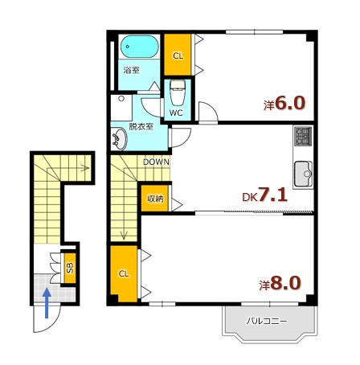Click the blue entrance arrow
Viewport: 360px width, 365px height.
[x=47, y=303]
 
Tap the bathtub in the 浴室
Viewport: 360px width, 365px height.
[x=139, y=47]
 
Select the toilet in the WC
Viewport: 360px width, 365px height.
[x=178, y=92]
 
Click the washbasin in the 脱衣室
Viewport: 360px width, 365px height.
[x=120, y=139]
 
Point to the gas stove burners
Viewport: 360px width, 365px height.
[x=303, y=136]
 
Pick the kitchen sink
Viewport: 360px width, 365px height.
[x=304, y=174]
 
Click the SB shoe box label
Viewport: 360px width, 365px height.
[x=70, y=267]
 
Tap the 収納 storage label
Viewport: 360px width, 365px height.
[x=155, y=199]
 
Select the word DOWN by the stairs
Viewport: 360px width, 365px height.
[x=156, y=162]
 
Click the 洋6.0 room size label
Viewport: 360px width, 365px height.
[x=284, y=103]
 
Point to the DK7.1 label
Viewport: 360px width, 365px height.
[x=264, y=195]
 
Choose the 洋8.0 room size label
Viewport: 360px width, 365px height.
[x=280, y=283]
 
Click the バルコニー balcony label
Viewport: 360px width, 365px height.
[x=267, y=321]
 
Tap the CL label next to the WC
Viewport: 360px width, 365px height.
[x=178, y=55]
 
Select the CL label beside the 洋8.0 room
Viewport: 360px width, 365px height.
[x=124, y=273]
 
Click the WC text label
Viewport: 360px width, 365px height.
[x=176, y=113]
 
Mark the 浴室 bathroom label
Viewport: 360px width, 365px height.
[x=132, y=70]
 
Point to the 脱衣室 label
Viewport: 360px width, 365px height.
[x=141, y=126]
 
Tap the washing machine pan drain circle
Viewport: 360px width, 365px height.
[x=121, y=98]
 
